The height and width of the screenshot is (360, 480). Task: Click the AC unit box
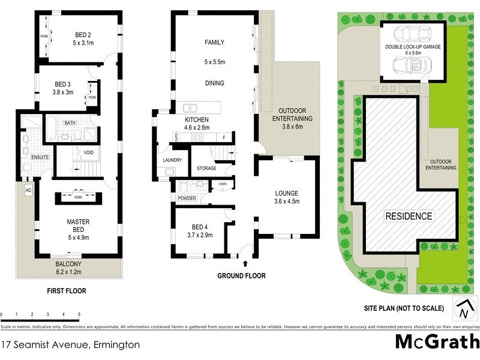coord(28,190)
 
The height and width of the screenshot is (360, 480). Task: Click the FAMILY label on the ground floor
coord(214,43)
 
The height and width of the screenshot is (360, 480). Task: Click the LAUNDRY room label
coord(172,160)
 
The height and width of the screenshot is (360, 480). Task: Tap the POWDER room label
coord(187,198)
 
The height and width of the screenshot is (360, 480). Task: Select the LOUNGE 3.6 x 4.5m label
coord(287,197)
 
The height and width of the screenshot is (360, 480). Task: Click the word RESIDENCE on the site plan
coord(408,216)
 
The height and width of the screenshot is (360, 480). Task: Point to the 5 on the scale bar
coord(79,314)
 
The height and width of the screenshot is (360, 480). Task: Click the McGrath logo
coord(437,341)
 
